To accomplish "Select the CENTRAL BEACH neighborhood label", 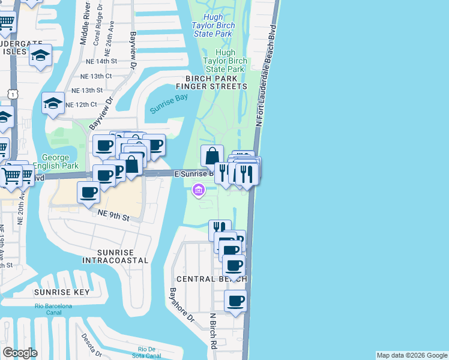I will coord(211,280).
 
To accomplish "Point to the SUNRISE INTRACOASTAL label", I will coord(115,256).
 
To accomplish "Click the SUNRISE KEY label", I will coord(62,292).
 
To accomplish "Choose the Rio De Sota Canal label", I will coord(147,352).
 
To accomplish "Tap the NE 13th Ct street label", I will coord(92,76).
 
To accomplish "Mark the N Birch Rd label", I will coord(213,331).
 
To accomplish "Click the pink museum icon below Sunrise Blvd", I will coord(198,191).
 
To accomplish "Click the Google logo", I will coord(20,353).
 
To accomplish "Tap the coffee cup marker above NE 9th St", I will coord(89,193).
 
